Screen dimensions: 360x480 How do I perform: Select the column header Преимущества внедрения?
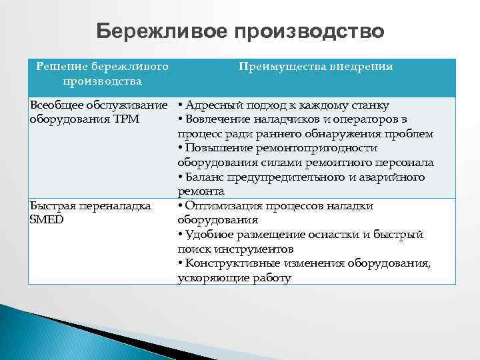pyautogui.click(x=315, y=67)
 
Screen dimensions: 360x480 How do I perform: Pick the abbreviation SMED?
pyautogui.click(x=47, y=219)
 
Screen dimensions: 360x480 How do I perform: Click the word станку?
pyautogui.click(x=369, y=105)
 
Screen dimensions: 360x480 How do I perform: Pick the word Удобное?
pyautogui.click(x=210, y=235)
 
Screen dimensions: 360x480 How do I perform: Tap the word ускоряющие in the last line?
pyautogui.click(x=207, y=278)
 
